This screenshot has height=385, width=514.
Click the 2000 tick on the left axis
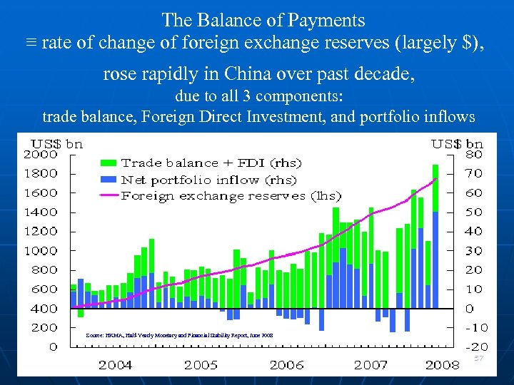[x=41, y=154]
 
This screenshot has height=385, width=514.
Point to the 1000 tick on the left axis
[x=41, y=251]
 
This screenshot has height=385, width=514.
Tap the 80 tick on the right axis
[x=473, y=154]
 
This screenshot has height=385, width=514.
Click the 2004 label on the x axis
[x=115, y=365]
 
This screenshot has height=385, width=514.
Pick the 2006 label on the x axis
[x=286, y=365]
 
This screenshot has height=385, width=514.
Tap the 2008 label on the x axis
[x=442, y=365]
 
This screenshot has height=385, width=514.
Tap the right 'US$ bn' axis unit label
[x=457, y=143]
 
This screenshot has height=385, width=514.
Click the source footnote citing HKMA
[x=178, y=334]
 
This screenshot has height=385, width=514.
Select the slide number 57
[x=479, y=357]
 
